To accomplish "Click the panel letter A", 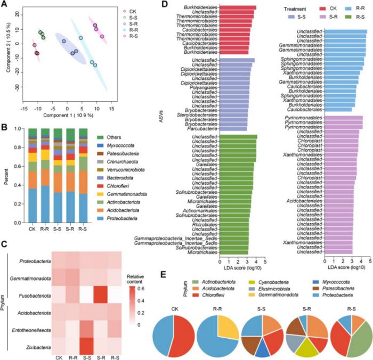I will (x=4, y=5).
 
